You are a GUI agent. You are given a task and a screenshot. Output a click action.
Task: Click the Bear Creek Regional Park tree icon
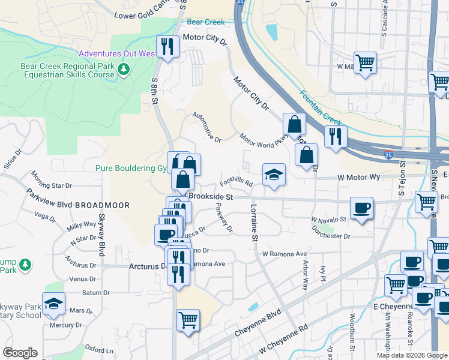124,70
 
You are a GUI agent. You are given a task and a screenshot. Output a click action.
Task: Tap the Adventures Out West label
117,53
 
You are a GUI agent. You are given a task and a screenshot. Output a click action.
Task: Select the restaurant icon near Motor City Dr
166,46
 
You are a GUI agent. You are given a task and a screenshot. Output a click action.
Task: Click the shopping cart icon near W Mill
365,62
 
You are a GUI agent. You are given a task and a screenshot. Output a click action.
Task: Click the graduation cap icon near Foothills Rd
274,175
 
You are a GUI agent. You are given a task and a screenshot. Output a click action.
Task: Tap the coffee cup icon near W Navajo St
361,208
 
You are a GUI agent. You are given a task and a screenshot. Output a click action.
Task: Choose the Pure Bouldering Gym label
130,169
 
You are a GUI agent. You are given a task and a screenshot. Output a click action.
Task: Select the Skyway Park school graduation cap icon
53,303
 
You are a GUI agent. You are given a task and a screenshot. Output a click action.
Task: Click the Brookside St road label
211,197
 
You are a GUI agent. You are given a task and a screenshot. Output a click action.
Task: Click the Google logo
20,353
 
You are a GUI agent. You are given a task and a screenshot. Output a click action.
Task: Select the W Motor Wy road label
359,178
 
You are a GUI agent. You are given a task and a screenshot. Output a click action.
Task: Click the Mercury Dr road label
66,325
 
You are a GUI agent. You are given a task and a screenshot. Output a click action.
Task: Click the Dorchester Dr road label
330,236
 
